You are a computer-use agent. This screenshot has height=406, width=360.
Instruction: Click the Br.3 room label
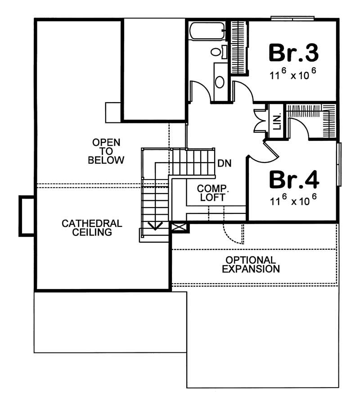pyautogui.click(x=293, y=53)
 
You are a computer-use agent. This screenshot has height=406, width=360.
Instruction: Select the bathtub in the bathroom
pyautogui.click(x=207, y=32)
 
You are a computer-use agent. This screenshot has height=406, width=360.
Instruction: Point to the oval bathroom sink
pyautogui.click(x=220, y=82)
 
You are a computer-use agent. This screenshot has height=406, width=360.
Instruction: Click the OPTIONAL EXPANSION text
pyautogui.click(x=251, y=265)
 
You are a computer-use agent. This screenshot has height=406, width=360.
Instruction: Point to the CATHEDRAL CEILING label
pyautogui.click(x=92, y=227)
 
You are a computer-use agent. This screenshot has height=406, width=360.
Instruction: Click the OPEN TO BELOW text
pyautogui.click(x=106, y=151)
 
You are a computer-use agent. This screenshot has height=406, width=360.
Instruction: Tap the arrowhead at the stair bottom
pyautogui.click(x=155, y=226)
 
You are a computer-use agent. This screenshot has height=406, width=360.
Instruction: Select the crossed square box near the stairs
pyautogui.click(x=179, y=227)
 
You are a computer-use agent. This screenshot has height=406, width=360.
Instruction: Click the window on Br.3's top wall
pyautogui.click(x=292, y=18)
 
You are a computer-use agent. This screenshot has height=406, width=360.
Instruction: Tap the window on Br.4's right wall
pyautogui.click(x=339, y=164)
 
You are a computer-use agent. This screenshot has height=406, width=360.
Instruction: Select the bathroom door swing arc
pyautogui.click(x=200, y=91)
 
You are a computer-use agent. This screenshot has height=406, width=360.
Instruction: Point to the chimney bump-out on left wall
pyautogui.click(x=26, y=216)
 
